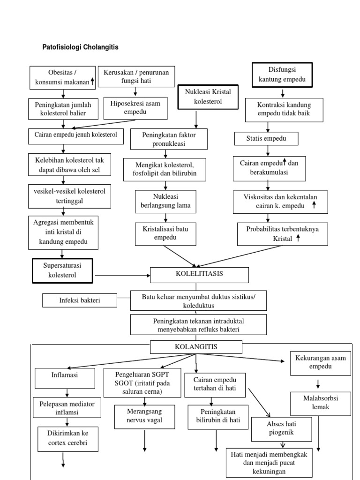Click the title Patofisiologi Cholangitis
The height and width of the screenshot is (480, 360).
[x=81, y=47]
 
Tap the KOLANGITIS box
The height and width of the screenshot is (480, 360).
[x=196, y=347]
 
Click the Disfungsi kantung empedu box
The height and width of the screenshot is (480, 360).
[x=282, y=75]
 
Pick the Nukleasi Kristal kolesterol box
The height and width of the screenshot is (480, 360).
[x=208, y=97]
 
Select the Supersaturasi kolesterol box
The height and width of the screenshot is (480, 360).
[x=62, y=270]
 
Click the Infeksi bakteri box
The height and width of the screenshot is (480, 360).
[x=80, y=300]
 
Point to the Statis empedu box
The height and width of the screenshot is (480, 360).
[x=266, y=138]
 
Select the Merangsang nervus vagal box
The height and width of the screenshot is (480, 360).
[x=144, y=416]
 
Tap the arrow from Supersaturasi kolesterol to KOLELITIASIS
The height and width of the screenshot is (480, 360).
[x=121, y=275]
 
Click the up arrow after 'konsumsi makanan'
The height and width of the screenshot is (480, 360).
[x=92, y=81]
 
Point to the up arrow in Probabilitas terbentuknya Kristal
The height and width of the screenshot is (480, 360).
[x=298, y=238]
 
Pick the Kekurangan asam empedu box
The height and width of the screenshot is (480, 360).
[x=321, y=362]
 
